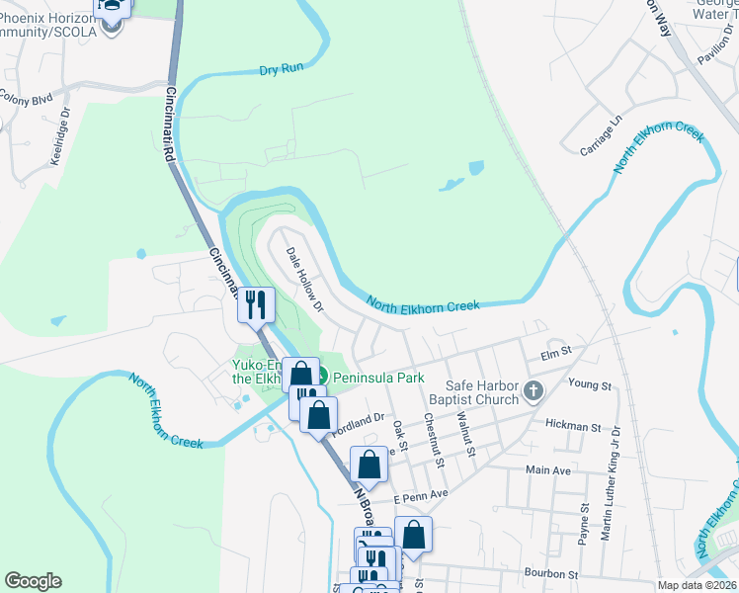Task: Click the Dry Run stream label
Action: tap(280, 70)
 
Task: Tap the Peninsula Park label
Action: tap(378, 378)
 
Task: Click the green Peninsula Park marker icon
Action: tap(322, 377)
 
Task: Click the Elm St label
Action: tap(557, 351)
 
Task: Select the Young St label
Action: tap(591, 382)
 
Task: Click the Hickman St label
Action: tap(573, 426)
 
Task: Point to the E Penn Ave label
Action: tap(422, 493)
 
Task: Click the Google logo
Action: tap(33, 581)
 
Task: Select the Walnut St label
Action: tap(465, 438)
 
